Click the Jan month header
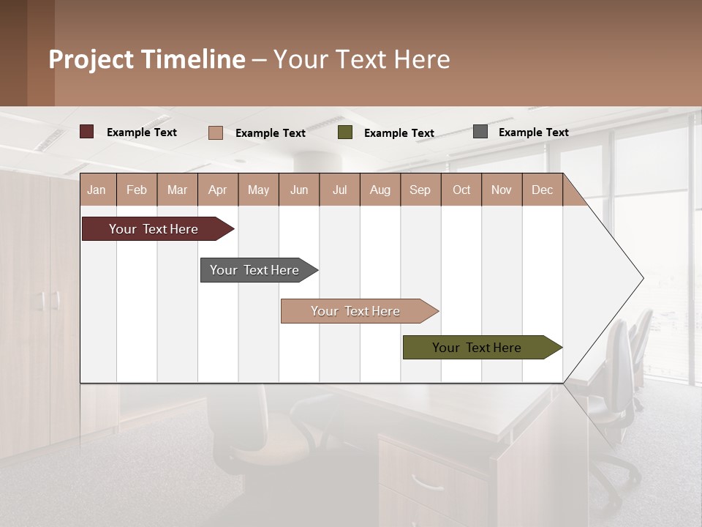point(97,190)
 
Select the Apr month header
point(217,190)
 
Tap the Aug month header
point(380,190)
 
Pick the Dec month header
point(542,190)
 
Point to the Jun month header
point(298,190)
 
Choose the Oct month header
point(461,190)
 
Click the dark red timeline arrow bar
point(154,229)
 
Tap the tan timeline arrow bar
point(356,311)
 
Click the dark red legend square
point(86,132)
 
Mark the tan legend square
point(215,132)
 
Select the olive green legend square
point(345,132)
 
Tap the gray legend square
point(480,132)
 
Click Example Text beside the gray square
point(533,132)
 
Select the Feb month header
point(137,190)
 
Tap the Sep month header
point(420,190)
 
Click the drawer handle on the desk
point(427,482)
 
